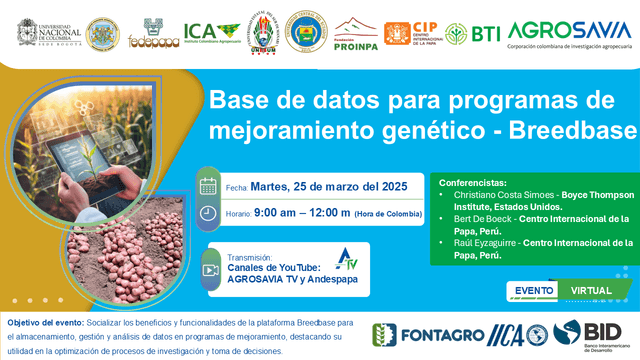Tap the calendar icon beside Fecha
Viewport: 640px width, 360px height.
209,186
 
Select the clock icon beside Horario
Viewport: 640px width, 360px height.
209,212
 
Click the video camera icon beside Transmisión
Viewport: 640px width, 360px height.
209,270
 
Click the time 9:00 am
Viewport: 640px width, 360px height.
282,212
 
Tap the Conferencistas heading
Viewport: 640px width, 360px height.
473,184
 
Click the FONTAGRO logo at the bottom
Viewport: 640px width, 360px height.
410,335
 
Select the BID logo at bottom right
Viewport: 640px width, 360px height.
590,335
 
